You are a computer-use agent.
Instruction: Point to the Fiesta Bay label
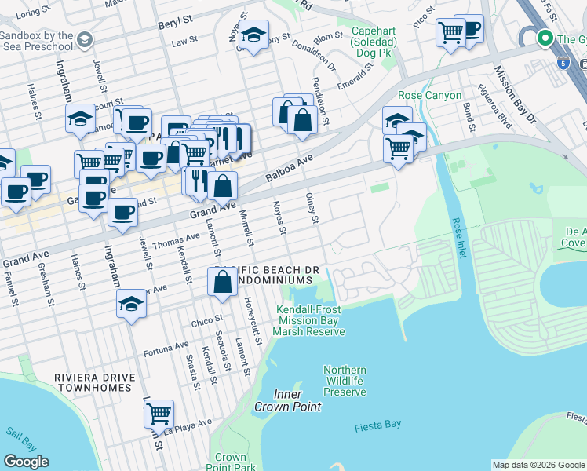[x=377, y=424]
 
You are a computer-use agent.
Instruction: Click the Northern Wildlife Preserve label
[x=345, y=381]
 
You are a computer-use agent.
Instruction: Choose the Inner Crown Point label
[x=287, y=400]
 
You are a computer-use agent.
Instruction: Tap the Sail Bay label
[x=17, y=432]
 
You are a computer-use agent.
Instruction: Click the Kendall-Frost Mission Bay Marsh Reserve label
[x=310, y=320]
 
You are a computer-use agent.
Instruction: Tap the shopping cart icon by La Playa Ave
[x=159, y=412]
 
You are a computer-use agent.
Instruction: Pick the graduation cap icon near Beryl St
[x=253, y=35]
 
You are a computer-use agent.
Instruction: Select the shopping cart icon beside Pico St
[x=450, y=33]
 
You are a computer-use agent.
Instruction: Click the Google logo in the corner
[x=26, y=462]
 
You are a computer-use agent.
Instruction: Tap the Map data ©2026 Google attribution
[x=538, y=465]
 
